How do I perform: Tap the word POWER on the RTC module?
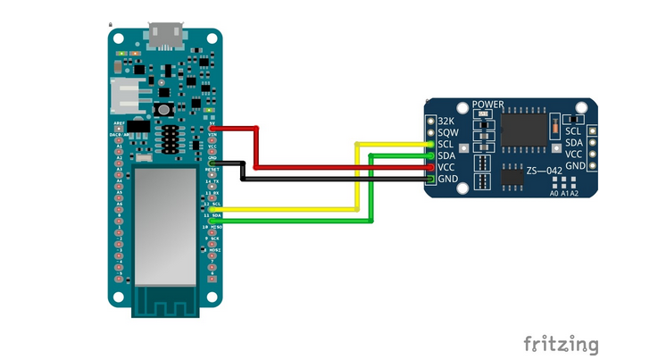[488, 105]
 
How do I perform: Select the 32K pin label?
[446, 120]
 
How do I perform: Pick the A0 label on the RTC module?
[554, 193]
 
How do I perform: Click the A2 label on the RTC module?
[574, 193]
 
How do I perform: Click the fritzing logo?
[561, 344]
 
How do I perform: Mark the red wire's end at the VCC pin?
[430, 167]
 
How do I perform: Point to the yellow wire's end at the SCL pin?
[430, 144]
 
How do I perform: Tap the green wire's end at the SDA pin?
[430, 155]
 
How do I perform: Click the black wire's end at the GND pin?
[430, 180]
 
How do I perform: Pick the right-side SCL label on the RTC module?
[574, 131]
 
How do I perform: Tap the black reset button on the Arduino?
[164, 109]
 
